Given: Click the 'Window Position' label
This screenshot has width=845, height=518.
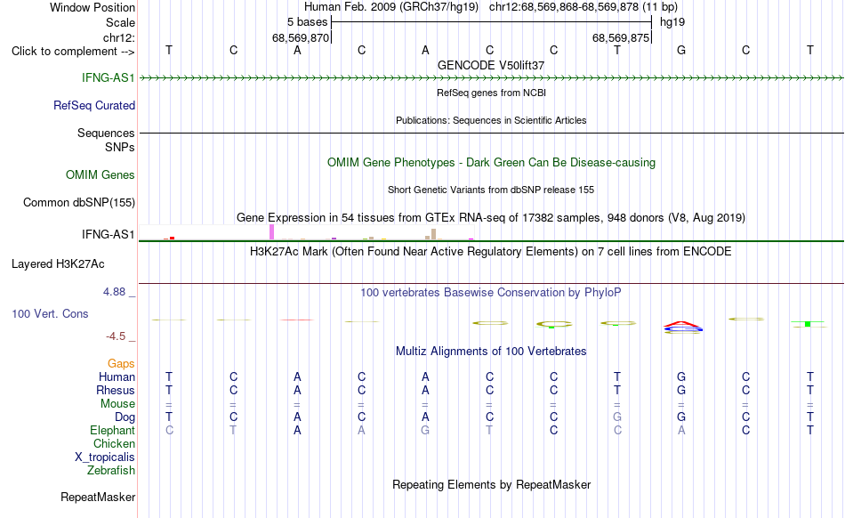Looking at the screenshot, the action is click(93, 7).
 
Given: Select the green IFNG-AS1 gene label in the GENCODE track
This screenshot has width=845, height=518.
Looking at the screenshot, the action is click(109, 77).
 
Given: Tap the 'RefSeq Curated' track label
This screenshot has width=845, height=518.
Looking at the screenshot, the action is click(94, 105).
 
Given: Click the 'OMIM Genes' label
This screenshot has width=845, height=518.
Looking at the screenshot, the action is click(101, 174).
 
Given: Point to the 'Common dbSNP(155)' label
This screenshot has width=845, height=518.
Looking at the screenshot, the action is click(79, 203).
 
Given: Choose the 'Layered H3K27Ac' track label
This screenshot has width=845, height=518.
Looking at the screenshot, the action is click(58, 264).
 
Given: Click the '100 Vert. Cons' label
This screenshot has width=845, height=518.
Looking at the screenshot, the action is click(50, 313).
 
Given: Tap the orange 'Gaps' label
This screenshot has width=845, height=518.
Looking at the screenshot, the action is click(121, 364).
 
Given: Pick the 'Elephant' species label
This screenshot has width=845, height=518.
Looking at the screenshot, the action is click(113, 430).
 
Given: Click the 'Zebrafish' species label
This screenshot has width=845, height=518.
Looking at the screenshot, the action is click(111, 470).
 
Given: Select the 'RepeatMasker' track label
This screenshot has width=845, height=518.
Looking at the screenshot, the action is click(98, 497).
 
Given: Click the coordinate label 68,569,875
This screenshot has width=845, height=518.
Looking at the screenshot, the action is click(621, 37).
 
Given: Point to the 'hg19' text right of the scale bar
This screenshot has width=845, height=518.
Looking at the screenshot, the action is click(672, 22).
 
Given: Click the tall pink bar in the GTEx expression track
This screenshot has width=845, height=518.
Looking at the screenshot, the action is click(271, 232).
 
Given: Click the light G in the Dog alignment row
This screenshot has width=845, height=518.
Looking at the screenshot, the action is click(617, 417).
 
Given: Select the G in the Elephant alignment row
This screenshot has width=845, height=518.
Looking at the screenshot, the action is click(425, 430).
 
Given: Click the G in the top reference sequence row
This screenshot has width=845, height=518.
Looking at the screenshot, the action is click(681, 50).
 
